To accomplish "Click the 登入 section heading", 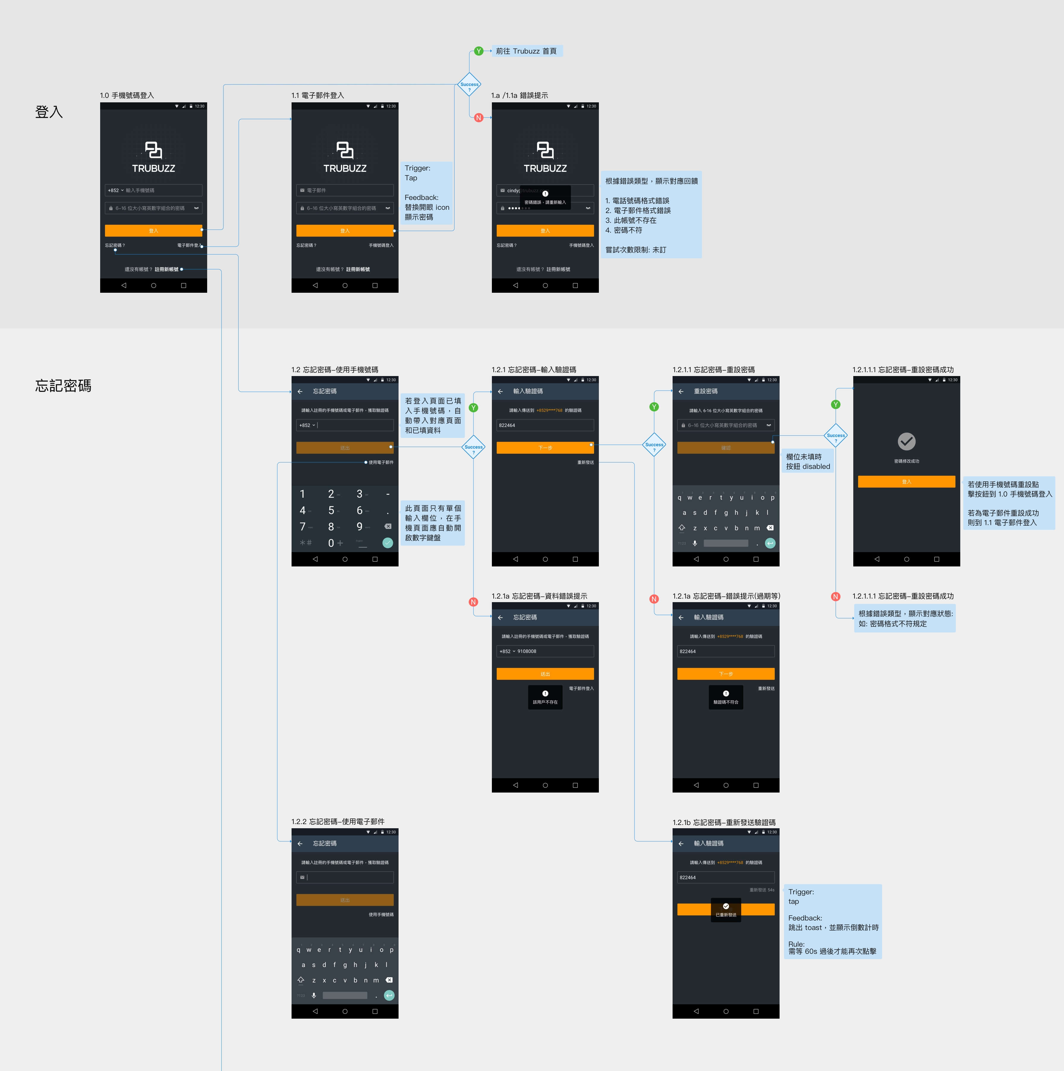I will click(x=49, y=112).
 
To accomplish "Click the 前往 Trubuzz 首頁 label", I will click(x=526, y=51).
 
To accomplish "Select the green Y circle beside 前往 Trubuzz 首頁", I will click(x=479, y=51).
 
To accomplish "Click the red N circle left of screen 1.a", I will click(x=479, y=118).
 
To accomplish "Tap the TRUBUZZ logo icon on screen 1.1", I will click(x=344, y=150).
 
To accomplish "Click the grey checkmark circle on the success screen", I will click(x=906, y=441).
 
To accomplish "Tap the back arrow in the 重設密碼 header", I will click(x=681, y=392).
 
